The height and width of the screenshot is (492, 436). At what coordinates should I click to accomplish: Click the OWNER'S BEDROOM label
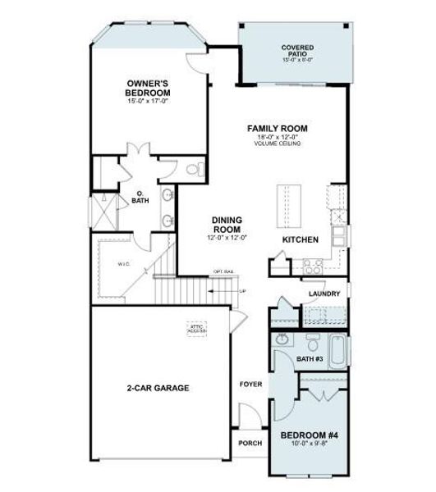click(149, 88)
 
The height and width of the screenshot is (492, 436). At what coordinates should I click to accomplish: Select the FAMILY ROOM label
click(278, 129)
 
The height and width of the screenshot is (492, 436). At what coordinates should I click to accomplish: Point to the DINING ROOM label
click(227, 224)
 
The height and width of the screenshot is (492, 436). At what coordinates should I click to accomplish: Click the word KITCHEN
click(300, 239)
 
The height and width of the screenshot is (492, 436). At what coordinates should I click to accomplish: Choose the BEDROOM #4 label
click(307, 435)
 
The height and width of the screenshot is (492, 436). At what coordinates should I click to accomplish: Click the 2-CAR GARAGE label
click(158, 388)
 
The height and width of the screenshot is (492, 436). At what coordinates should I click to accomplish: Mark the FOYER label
click(250, 383)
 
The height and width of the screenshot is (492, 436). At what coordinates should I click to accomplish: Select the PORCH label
click(250, 444)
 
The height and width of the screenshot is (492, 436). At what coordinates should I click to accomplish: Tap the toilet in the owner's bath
click(194, 170)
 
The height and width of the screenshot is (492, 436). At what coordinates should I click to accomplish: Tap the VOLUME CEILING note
click(278, 143)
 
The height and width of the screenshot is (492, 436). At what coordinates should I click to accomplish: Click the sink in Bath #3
click(282, 339)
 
